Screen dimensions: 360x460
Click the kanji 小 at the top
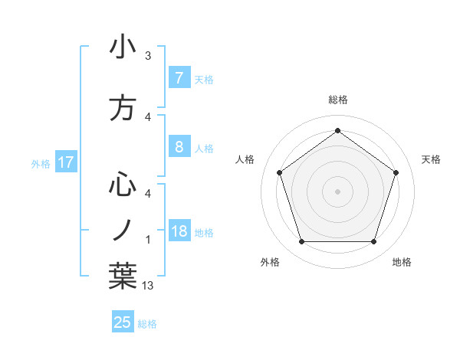click(x=123, y=47)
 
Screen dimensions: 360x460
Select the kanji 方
click(x=123, y=108)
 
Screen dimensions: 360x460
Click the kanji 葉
click(x=123, y=275)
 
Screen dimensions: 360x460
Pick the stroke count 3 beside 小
click(x=148, y=56)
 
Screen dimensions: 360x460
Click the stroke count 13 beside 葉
click(x=149, y=286)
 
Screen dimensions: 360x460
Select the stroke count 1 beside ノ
click(x=148, y=240)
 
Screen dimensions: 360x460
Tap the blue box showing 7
click(x=179, y=77)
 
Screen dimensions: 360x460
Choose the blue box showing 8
click(x=179, y=146)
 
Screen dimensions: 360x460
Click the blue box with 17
click(x=65, y=162)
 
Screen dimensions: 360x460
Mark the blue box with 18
click(x=179, y=231)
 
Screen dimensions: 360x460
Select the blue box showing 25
click(x=123, y=322)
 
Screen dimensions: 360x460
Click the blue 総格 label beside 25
click(x=147, y=324)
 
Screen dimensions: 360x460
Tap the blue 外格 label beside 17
click(x=41, y=163)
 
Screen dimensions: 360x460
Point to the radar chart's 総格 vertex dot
click(x=337, y=130)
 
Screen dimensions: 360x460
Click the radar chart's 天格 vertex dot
click(x=396, y=172)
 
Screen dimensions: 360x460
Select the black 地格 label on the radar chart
click(x=402, y=262)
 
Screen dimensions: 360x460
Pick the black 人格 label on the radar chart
click(x=245, y=159)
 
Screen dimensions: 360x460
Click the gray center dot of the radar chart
click(x=337, y=191)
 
